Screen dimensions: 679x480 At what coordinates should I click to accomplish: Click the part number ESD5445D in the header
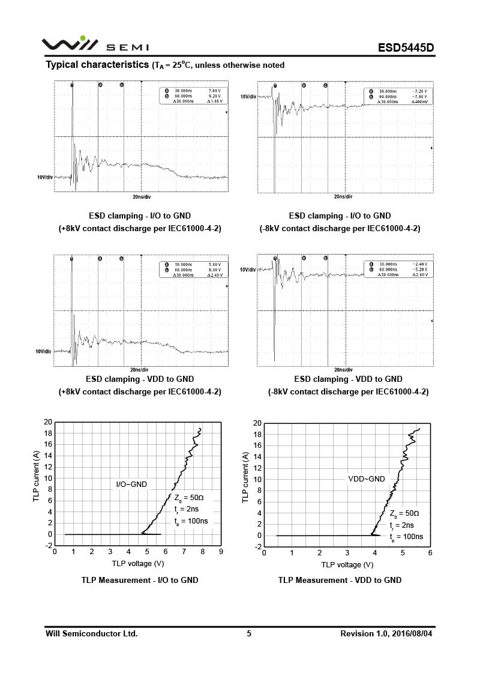pos(406,47)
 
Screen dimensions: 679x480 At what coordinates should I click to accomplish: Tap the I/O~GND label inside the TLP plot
pos(131,484)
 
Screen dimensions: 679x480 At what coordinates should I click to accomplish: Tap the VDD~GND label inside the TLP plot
pos(367,479)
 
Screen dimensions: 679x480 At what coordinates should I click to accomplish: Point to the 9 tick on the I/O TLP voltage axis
pos(221,552)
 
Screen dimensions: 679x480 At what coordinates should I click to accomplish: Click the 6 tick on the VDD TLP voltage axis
pos(430,553)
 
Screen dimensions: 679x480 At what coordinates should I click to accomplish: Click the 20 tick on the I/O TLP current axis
pos(48,422)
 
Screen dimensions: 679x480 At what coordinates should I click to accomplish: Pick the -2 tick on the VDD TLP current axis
pos(257,547)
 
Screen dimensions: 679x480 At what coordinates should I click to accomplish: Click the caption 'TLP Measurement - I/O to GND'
pos(140,580)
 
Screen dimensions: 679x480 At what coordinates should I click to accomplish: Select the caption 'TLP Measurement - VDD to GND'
pos(340,580)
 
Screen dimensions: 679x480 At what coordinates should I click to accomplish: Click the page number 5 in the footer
pos(249,633)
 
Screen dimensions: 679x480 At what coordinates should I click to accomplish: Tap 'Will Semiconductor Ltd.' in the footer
pos(92,633)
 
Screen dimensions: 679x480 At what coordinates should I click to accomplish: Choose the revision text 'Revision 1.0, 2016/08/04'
pos(386,633)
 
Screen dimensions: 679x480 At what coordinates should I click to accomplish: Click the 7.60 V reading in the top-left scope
pos(214,90)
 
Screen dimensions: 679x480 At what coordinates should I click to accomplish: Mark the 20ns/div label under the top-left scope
pos(142,197)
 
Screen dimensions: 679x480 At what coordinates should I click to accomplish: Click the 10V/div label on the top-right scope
pos(248,97)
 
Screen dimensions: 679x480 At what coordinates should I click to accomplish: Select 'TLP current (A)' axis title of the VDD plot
pos(245,478)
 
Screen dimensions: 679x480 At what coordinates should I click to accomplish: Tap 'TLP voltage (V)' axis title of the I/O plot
pos(138,563)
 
